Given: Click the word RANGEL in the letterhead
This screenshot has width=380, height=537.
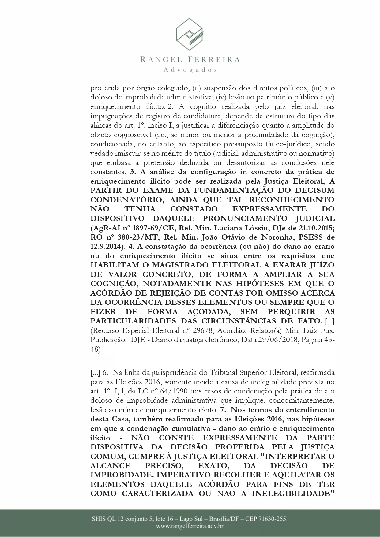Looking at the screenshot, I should (159, 59).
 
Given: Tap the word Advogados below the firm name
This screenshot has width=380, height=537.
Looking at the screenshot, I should (190, 70).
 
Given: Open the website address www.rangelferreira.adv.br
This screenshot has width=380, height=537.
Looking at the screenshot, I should (190, 526).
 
